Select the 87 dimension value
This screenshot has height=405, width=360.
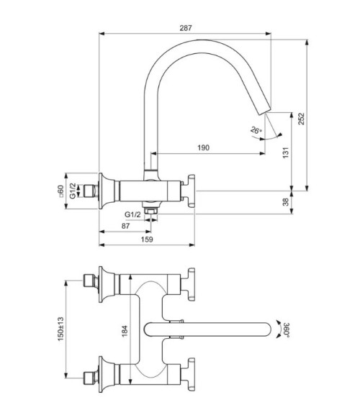tap(127, 226)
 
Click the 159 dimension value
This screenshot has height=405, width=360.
tap(146, 240)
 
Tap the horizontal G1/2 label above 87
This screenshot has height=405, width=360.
tap(132, 214)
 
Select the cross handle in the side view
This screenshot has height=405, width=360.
tap(193, 191)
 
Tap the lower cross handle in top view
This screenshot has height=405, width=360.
tap(192, 375)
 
